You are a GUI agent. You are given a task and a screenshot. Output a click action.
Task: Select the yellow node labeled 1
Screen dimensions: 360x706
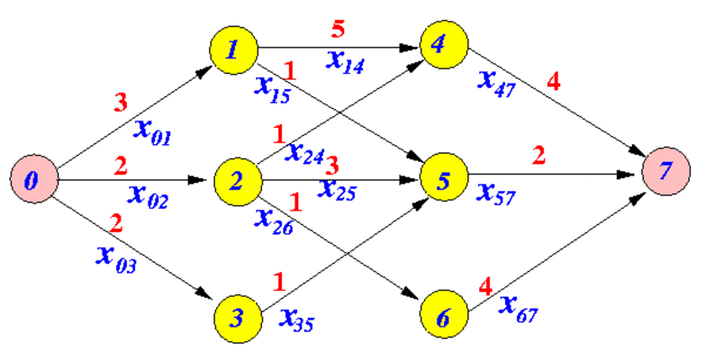coord(234,50)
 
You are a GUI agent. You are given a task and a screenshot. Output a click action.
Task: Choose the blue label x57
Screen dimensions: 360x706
coord(497,193)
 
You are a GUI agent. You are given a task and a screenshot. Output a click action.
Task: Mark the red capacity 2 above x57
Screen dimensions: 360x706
coord(539,156)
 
